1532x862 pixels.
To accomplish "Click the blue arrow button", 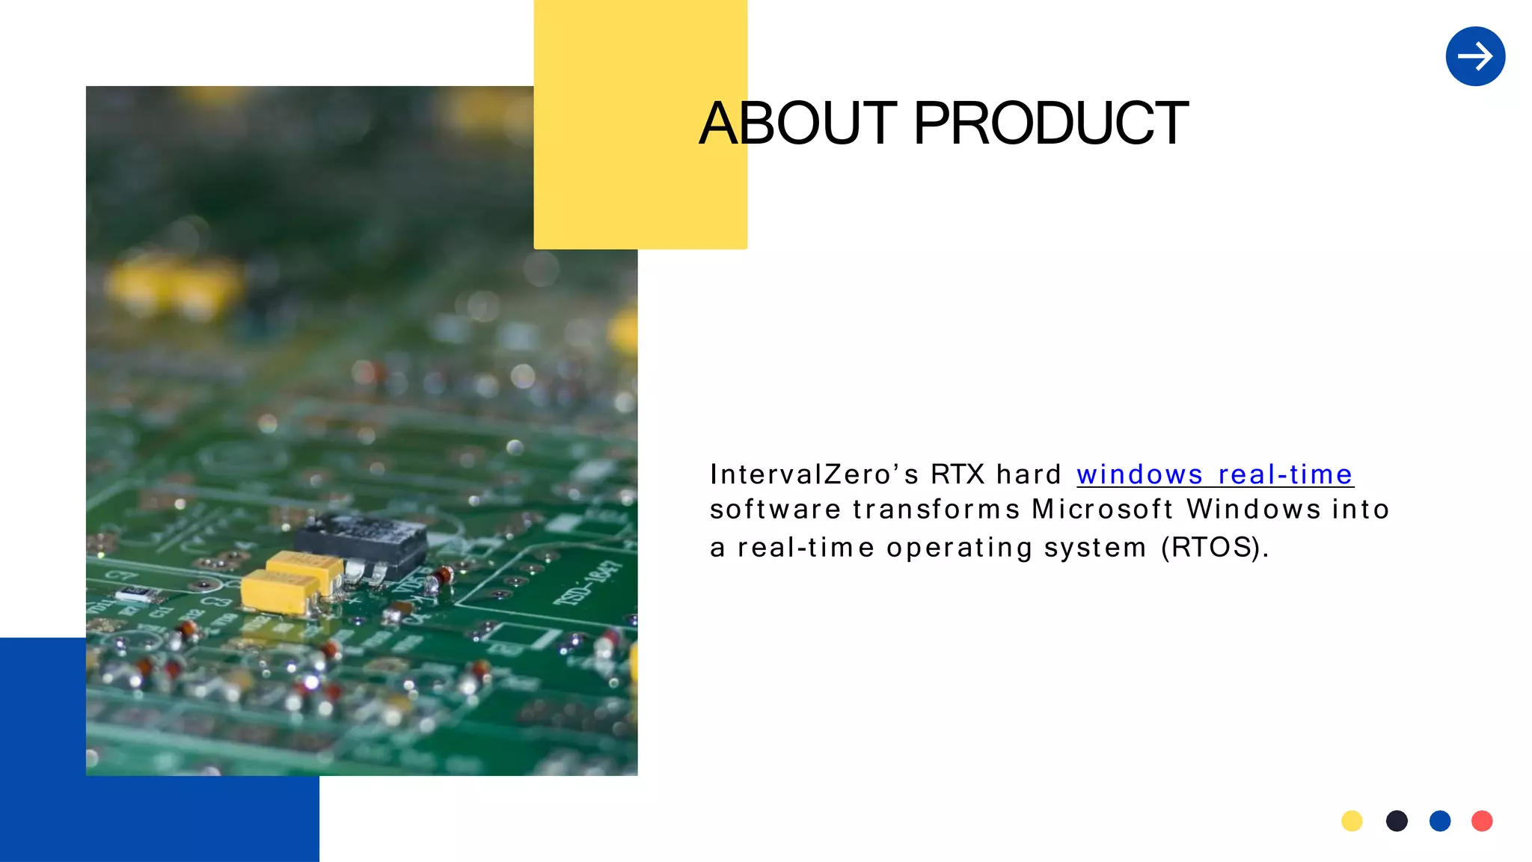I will (x=1475, y=56).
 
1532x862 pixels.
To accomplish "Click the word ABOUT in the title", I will (x=797, y=123).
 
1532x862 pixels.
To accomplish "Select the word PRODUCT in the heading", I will (x=1050, y=123).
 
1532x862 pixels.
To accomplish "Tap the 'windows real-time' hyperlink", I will (x=1214, y=474).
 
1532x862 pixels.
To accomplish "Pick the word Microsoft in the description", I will (x=1102, y=510).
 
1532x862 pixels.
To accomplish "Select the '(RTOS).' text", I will (x=1215, y=548).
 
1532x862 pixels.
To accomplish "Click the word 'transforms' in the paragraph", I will (x=936, y=510).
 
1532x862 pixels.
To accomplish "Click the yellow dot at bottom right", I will (x=1352, y=821).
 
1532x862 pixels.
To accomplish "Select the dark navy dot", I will (x=1397, y=821).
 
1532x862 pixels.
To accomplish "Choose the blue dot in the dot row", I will (x=1440, y=821).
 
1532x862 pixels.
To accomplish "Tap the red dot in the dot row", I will (x=1482, y=821).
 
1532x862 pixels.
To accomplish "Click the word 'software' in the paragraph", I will (x=775, y=510).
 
